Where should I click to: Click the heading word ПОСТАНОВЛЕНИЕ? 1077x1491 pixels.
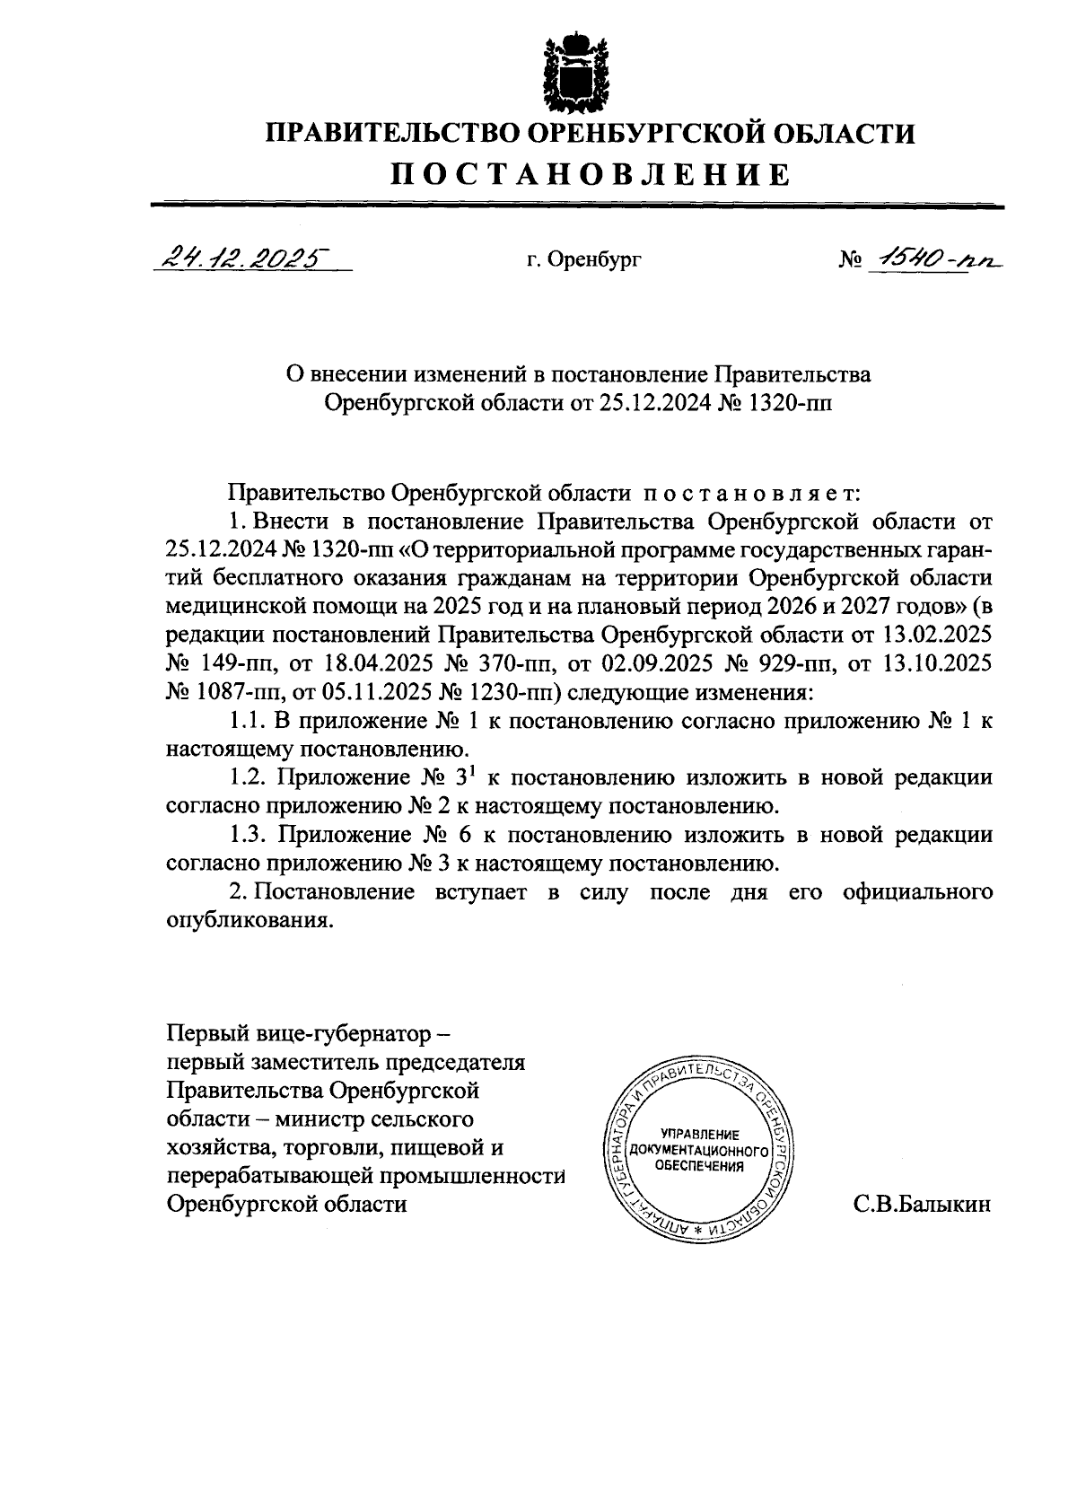590,174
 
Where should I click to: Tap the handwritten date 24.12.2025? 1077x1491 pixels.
241,259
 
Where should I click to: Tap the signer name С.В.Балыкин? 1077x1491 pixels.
922,1205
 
